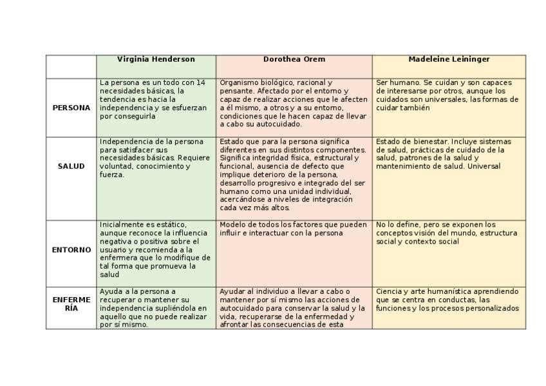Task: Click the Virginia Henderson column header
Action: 156,59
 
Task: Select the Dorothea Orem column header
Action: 294,59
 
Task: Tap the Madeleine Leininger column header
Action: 449,59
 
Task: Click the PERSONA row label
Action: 71,108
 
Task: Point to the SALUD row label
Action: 71,166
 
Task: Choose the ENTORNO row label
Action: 71,249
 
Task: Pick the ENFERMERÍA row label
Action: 71,304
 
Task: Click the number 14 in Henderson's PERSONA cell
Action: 200,82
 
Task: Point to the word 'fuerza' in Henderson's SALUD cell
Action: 111,175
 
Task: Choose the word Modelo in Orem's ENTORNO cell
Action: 232,224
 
